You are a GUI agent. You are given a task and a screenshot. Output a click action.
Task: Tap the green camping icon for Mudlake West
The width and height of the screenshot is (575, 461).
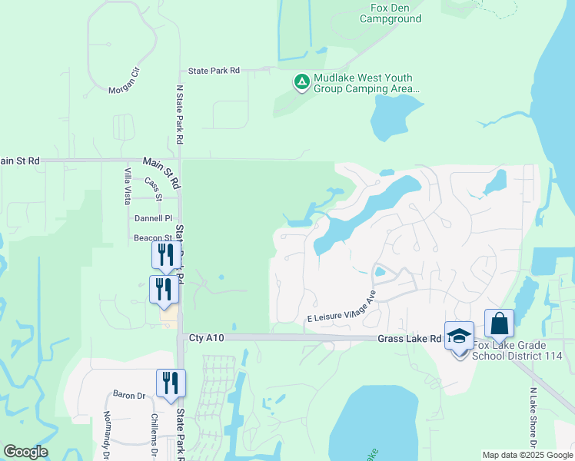click(302, 81)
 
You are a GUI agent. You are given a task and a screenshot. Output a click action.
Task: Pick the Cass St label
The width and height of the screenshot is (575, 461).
click(154, 187)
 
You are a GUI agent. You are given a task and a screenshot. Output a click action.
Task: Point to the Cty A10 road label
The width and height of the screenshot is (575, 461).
click(205, 338)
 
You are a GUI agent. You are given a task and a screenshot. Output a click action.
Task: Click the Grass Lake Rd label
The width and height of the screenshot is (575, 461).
click(410, 338)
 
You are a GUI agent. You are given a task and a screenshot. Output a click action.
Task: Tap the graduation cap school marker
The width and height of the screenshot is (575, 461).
click(459, 337)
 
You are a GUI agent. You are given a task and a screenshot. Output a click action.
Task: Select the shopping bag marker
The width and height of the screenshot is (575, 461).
click(499, 323)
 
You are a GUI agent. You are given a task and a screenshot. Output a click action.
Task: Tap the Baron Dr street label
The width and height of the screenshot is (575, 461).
click(129, 395)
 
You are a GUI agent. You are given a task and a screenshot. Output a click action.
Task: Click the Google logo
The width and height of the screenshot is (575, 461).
click(25, 452)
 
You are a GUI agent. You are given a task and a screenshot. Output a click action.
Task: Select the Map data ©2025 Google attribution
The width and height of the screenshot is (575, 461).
click(527, 455)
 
